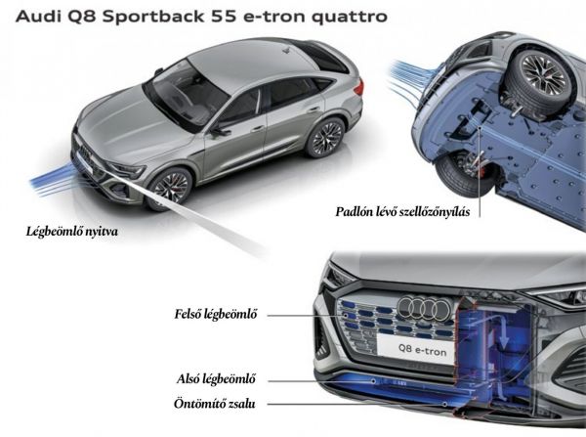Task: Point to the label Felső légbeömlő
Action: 209,315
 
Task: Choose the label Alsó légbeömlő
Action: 209,380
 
